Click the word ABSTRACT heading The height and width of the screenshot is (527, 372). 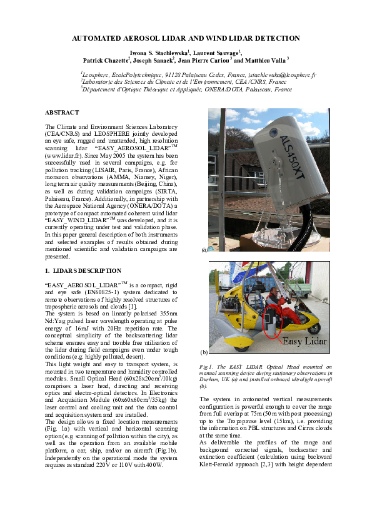[62, 112]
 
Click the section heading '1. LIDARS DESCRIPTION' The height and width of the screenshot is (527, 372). [83, 270]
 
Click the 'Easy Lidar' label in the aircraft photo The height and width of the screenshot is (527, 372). [304, 341]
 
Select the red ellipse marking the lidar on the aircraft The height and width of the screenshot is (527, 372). [273, 324]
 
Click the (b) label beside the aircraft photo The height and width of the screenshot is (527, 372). [204, 352]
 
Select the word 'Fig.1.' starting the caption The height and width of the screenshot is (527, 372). [206, 366]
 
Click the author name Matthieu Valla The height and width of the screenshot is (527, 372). [265, 61]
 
